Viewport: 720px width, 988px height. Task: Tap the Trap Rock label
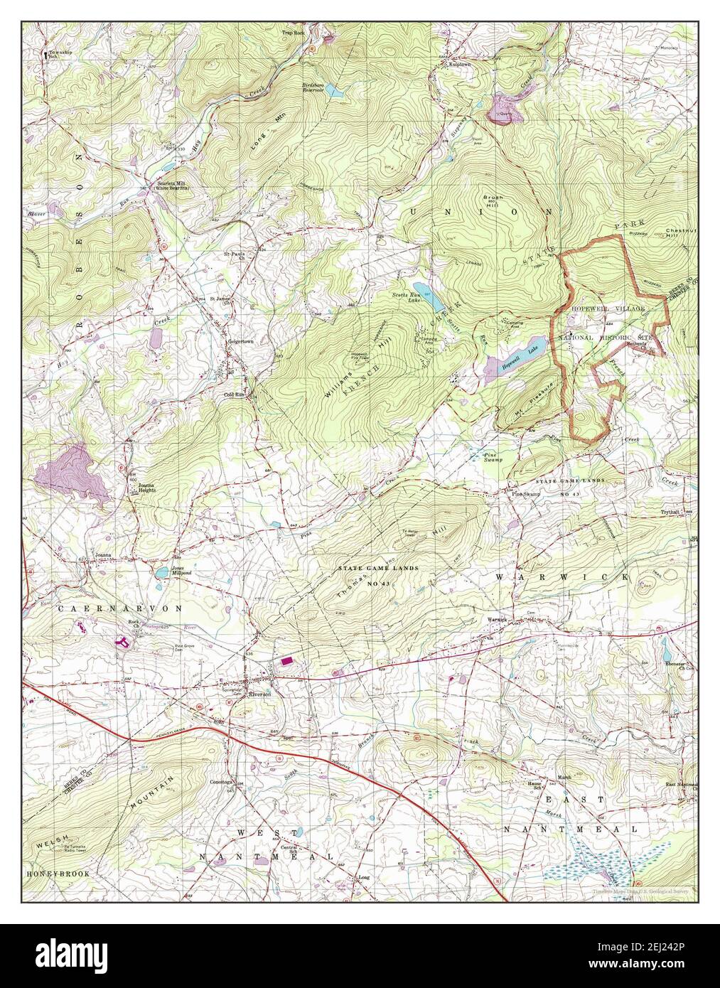pos(292,33)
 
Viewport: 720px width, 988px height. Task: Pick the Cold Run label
pos(235,393)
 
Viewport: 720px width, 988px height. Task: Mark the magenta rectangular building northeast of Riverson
pos(288,661)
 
